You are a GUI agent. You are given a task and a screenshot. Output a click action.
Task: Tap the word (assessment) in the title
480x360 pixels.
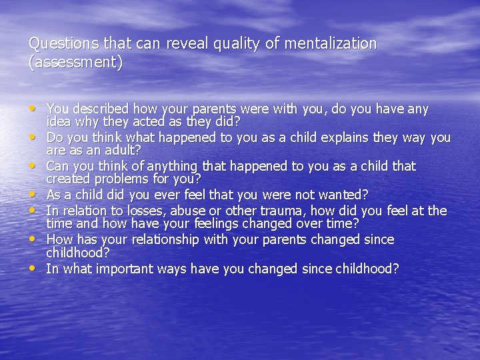tap(76, 63)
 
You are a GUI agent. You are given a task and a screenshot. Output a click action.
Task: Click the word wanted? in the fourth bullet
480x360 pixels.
tap(338, 195)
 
